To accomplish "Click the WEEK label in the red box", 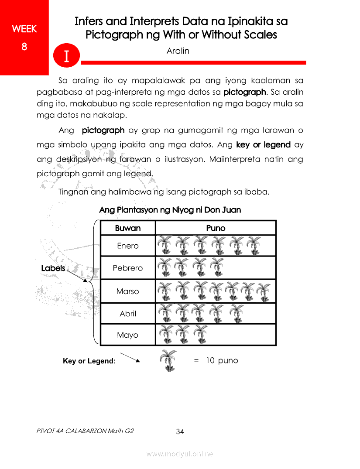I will (24, 29).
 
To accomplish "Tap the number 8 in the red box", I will (24, 46).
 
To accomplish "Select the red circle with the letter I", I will (67, 56).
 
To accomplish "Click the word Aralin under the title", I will (178, 51).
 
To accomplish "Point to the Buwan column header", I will (128, 228).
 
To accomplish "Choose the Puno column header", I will (216, 228).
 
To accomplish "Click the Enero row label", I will (128, 246).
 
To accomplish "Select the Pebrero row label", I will (128, 268).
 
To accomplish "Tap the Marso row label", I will (128, 291).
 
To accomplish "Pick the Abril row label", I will (128, 313).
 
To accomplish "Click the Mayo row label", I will (128, 335).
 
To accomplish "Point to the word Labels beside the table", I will (53, 268).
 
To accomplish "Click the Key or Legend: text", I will (89, 361).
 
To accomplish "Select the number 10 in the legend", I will (210, 361).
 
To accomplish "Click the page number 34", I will (180, 432).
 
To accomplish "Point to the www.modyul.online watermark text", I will (180, 454).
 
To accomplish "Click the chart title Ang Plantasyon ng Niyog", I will (170, 210).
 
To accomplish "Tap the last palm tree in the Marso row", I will (264, 291).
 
